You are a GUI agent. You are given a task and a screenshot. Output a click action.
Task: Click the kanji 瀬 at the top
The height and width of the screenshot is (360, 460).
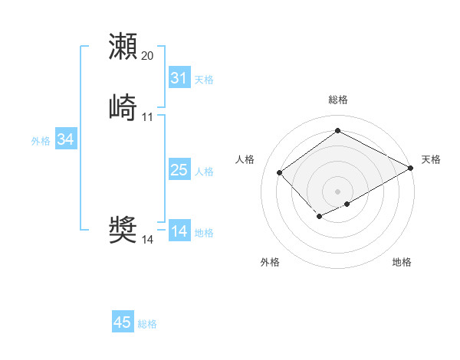coord(123,46)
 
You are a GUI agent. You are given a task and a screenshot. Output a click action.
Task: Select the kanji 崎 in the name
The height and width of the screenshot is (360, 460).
coord(123,107)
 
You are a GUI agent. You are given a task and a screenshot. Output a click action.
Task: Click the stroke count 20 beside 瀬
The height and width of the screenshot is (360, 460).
coord(148,56)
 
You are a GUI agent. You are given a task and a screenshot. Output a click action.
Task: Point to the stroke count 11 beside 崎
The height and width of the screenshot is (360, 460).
coord(148,117)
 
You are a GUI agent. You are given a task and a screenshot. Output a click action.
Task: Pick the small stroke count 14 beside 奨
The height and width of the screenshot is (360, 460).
coord(148,239)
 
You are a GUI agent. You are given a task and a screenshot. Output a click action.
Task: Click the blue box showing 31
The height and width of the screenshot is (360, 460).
coord(179,78)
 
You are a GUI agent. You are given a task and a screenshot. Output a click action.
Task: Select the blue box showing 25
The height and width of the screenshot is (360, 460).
coord(179,170)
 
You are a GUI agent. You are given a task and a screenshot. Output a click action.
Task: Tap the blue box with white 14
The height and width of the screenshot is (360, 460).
coord(179,231)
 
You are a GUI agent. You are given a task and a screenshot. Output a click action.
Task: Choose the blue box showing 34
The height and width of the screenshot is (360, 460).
coord(66,139)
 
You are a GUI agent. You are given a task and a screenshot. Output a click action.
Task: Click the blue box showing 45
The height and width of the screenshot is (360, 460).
coord(123,322)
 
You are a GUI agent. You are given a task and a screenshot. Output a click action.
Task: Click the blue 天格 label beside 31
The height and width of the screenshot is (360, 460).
coord(204,80)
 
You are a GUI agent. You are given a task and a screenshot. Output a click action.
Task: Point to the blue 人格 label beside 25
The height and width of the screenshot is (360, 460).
coord(204,172)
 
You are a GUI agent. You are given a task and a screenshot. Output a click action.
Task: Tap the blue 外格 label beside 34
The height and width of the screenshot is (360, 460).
coord(41,141)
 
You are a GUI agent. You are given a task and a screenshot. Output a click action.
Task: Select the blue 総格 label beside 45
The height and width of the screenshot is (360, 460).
coord(147,324)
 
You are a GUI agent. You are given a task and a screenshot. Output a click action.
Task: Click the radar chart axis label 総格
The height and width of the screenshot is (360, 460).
coord(338,100)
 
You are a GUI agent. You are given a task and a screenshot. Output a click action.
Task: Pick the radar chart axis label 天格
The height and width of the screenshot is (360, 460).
coord(431,159)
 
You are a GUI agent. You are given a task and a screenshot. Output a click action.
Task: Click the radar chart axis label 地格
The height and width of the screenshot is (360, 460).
coord(402,262)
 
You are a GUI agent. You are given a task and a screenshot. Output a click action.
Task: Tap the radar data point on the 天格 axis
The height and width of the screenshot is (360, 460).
coord(411,168)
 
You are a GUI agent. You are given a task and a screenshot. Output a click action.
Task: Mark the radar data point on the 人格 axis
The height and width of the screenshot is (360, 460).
coord(280,172)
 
